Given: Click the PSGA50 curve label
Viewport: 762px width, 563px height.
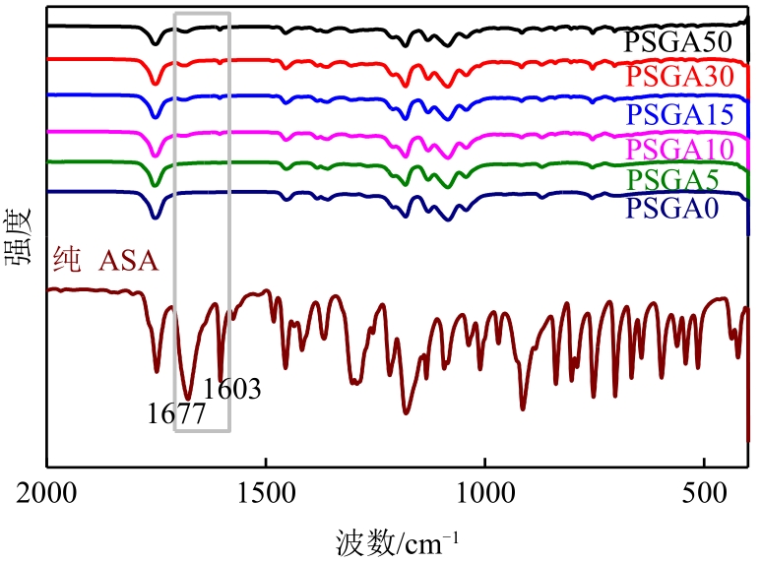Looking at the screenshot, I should pos(677,43).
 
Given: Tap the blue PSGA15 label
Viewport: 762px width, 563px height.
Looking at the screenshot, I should pos(677,115).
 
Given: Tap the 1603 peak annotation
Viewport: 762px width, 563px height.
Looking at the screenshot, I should pos(232,389).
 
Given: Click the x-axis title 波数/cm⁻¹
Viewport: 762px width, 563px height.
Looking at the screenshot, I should pos(398,541).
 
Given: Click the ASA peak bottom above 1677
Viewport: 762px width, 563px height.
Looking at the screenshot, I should pos(187,397).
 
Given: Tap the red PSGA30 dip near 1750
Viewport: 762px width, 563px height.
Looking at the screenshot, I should pos(155,84).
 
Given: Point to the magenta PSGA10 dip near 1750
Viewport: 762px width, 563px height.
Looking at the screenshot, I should pos(155,156).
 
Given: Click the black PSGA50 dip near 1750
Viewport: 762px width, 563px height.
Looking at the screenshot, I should pos(155,43).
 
